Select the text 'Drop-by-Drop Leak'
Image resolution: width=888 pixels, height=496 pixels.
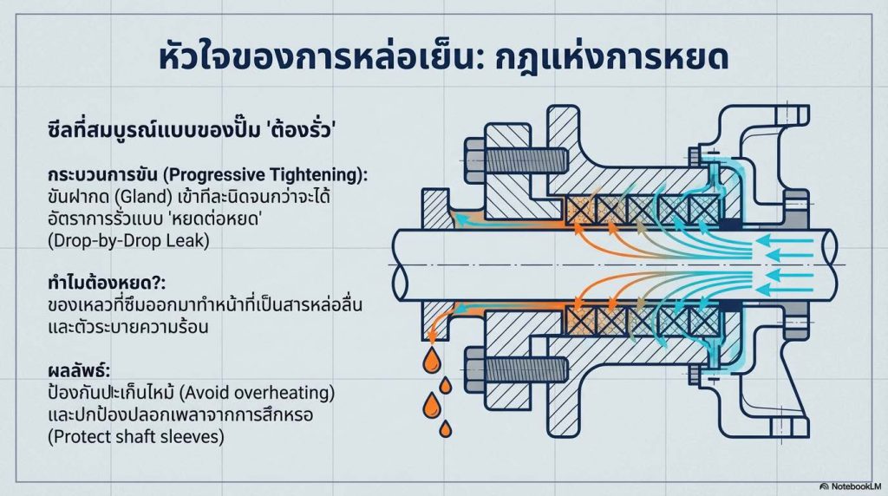128,241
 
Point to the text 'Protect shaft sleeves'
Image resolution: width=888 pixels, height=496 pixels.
136,436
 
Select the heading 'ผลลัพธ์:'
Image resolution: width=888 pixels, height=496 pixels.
79,370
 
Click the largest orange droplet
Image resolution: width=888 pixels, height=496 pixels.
433,405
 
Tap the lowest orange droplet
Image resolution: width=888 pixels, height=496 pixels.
446,429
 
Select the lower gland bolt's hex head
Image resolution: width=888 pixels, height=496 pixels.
475,369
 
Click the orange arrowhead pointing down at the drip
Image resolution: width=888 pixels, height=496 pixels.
432,338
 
